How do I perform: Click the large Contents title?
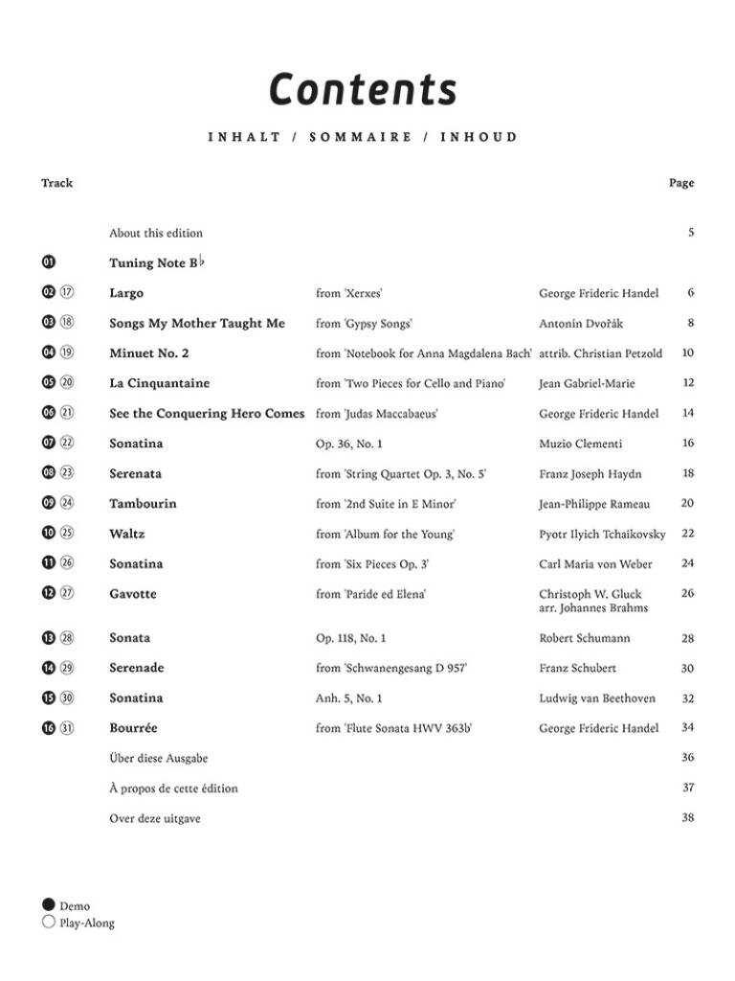click(x=363, y=89)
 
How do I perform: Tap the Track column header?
click(x=56, y=183)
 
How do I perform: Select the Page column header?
click(x=681, y=183)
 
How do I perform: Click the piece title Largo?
click(x=126, y=293)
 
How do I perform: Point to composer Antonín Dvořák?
click(x=581, y=324)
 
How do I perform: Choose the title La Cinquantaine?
click(x=160, y=383)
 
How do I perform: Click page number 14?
click(x=688, y=413)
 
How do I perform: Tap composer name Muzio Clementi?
click(x=581, y=444)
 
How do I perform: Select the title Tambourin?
click(x=143, y=504)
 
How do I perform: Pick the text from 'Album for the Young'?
click(x=385, y=534)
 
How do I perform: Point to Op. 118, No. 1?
click(x=351, y=638)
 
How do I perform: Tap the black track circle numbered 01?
click(x=49, y=262)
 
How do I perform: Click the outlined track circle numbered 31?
click(x=67, y=728)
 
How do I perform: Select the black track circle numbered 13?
click(x=49, y=638)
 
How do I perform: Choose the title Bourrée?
click(x=133, y=728)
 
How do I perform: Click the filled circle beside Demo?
click(x=49, y=905)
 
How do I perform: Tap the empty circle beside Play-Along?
click(x=49, y=923)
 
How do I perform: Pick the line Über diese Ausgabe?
click(x=158, y=758)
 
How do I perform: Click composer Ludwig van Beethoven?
click(x=597, y=698)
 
